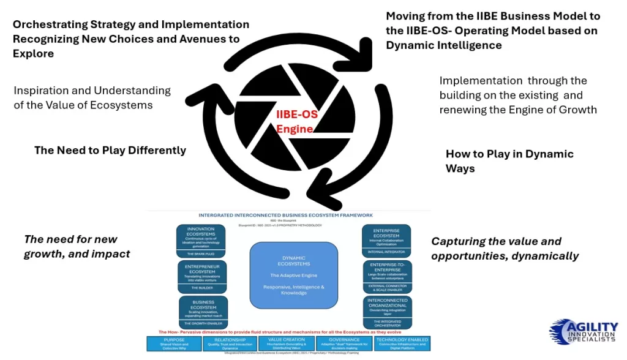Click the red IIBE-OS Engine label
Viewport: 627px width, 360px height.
[x=295, y=122]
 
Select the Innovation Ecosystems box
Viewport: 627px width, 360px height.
[x=200, y=240]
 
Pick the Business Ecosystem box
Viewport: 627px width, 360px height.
[x=203, y=312]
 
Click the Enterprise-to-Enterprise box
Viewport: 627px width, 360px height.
[x=387, y=276]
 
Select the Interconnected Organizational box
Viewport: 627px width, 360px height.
[x=387, y=312]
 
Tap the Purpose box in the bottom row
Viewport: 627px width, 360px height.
[x=174, y=343]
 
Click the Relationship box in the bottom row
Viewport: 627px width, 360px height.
[x=229, y=343]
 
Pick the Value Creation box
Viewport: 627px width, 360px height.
[x=287, y=343]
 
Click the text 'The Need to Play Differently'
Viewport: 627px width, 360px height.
[x=110, y=151]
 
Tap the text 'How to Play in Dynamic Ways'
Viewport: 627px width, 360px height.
[x=509, y=161]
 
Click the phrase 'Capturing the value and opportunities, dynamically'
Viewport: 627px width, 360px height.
[x=505, y=249]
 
